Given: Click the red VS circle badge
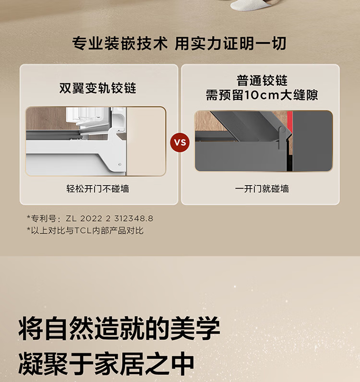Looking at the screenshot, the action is pos(180,142).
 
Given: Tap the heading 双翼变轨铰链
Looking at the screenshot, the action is pos(98,88).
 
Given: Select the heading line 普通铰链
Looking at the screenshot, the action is pos(262,81).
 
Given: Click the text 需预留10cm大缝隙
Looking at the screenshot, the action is pos(262,95).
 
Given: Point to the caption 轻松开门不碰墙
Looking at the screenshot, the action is pos(98,189).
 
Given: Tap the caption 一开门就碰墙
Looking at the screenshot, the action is pos(262,189).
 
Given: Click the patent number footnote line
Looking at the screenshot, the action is pos(90,218).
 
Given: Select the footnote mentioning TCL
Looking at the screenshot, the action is pos(85,230).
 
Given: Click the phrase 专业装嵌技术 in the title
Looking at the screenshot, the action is pos(120,44).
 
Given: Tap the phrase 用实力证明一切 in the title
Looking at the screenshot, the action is pos(230,44).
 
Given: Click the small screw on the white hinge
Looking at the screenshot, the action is pos(120,165).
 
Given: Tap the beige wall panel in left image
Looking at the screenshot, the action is pos(146,141).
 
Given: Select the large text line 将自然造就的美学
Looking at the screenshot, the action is pos(120,328).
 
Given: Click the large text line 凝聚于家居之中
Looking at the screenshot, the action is pos(107,363).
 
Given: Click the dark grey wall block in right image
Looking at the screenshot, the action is pos(312,141).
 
